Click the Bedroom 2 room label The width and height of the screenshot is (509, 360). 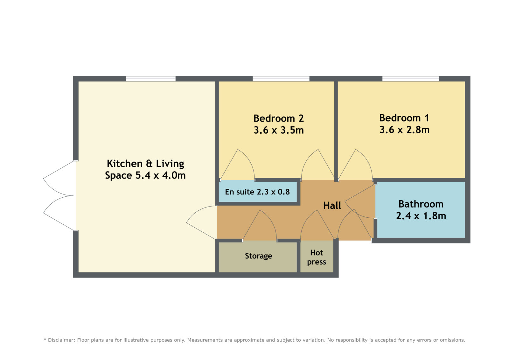click(279, 118)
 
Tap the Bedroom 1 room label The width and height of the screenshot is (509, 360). click(404, 118)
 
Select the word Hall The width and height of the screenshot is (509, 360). click(332, 206)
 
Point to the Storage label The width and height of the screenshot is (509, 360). click(258, 256)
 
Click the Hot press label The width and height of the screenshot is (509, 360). click(317, 258)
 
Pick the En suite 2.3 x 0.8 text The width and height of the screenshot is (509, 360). click(257, 192)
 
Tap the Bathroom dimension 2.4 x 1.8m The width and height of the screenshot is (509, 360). click(421, 216)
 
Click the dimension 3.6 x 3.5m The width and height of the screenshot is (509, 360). click(279, 130)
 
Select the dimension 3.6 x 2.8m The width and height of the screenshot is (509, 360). click(404, 130)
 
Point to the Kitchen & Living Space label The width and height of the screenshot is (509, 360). click(145, 169)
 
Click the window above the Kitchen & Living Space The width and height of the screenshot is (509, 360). click(151, 79)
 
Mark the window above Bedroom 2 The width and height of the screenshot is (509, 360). click(281, 79)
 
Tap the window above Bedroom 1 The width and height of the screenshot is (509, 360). click(411, 79)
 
